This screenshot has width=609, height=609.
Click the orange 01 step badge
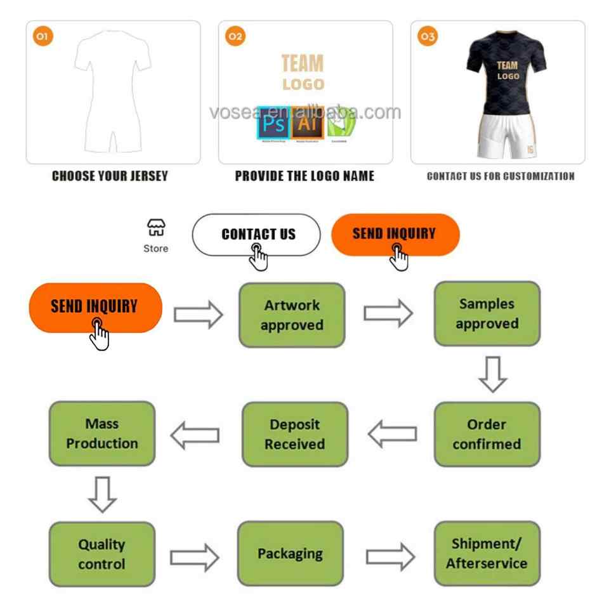point(42,37)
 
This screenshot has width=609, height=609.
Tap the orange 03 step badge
point(428,37)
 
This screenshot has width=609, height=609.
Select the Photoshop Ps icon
point(274,122)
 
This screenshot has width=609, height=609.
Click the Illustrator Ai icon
point(307,122)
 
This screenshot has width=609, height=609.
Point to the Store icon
point(155,228)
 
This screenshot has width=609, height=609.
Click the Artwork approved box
point(292,315)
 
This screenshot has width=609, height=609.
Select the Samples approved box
point(487,314)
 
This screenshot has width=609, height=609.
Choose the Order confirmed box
point(487,435)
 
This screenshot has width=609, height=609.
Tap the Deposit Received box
point(294,435)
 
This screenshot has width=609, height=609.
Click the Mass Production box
point(102,434)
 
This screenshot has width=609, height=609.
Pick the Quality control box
point(101,554)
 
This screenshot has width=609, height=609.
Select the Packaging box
point(290,554)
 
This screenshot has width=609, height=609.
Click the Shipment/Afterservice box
point(487,553)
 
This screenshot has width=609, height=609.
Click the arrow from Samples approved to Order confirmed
point(492,374)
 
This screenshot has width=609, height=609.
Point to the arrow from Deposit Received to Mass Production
point(195,435)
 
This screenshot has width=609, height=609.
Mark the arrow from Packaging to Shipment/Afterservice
point(390,556)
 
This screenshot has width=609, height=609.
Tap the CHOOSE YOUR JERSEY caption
point(110,176)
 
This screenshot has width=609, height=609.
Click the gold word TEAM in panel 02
point(303,64)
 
